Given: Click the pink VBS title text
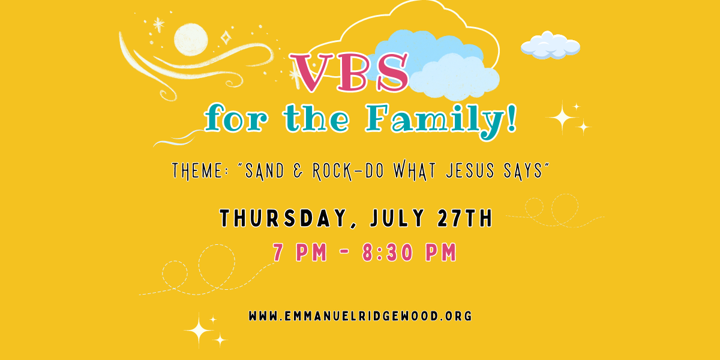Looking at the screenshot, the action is (x=349, y=73).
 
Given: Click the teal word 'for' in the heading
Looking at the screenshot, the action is (x=236, y=118).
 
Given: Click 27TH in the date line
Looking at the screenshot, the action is (x=465, y=218).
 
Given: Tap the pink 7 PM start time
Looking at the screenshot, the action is (x=300, y=253).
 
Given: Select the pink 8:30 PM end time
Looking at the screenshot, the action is (x=409, y=253).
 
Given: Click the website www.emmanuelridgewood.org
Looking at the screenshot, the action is (x=361, y=316).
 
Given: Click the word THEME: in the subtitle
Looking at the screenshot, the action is (x=197, y=170).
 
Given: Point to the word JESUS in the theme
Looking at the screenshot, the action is (x=470, y=170).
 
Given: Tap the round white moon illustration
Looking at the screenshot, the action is (x=191, y=40).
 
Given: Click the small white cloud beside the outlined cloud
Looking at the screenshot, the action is (x=551, y=46).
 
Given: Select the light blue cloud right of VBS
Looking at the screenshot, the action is (x=455, y=77).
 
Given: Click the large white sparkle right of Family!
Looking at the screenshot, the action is (x=562, y=118).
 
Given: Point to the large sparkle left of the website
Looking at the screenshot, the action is (x=199, y=331).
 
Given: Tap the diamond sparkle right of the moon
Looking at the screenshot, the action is (x=226, y=38).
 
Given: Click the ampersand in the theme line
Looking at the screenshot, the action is (x=298, y=170).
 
